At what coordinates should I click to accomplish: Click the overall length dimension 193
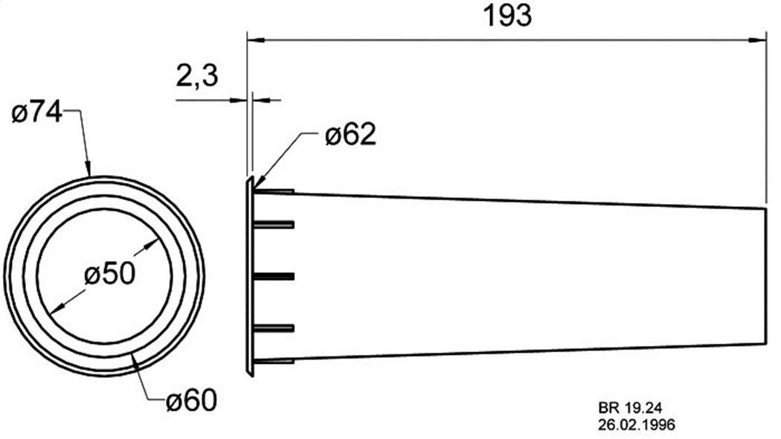click(507, 16)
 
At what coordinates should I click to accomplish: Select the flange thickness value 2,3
click(197, 76)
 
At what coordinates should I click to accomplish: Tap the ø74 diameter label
click(36, 114)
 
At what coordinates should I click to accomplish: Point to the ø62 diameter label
click(350, 135)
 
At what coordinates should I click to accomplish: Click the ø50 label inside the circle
click(109, 275)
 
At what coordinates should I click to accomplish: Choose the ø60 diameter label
click(191, 401)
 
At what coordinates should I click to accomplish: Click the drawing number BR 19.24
click(629, 408)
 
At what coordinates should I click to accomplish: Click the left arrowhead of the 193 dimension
click(254, 39)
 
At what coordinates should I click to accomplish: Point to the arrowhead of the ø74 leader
click(88, 170)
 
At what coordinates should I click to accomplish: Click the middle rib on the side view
click(274, 276)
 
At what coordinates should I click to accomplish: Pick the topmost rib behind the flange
click(274, 191)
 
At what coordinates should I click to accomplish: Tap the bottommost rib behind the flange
click(274, 362)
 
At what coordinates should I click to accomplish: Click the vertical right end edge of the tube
click(766, 276)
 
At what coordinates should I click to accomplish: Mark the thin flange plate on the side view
click(249, 276)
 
